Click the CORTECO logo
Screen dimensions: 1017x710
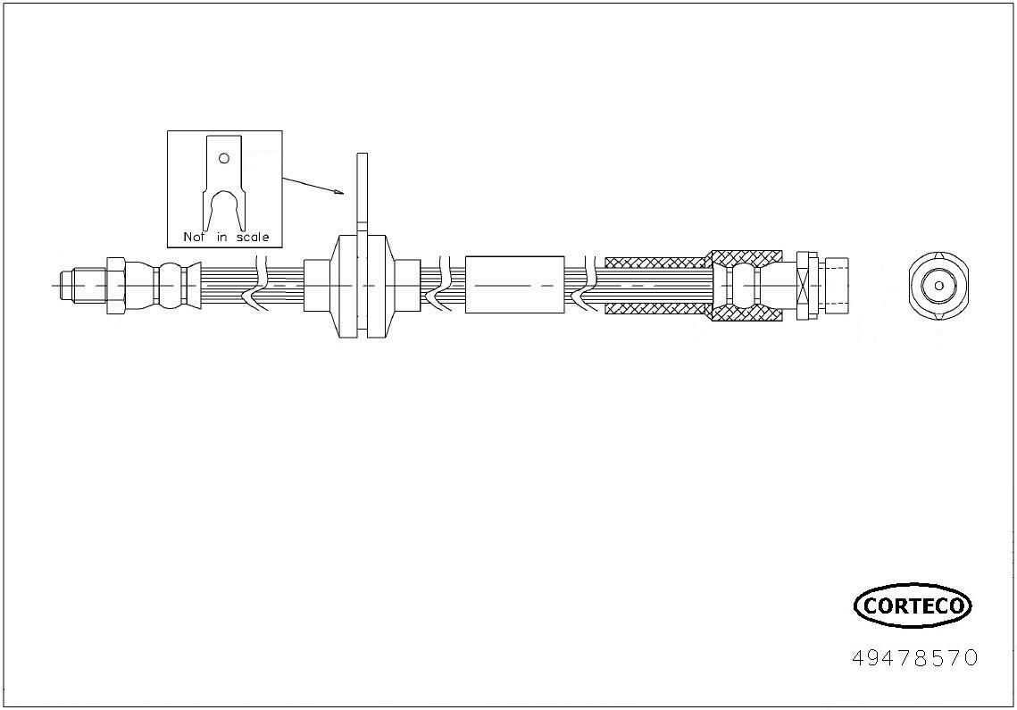913,606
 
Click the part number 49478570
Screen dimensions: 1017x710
914,658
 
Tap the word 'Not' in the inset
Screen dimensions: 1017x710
194,237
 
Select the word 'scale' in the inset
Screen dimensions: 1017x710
253,237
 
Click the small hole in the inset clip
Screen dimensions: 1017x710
224,158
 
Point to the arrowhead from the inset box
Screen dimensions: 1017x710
338,192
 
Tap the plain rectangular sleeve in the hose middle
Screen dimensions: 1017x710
515,285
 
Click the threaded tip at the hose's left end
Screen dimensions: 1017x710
67,285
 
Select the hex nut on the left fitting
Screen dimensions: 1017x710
115,285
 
